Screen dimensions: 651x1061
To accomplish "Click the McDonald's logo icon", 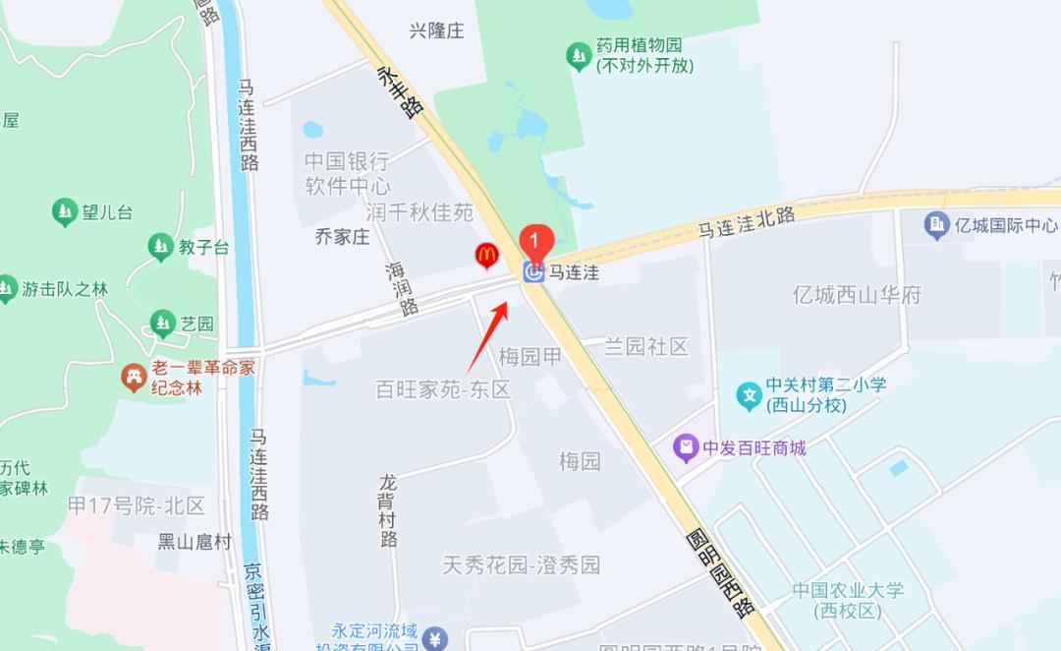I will point(485,256).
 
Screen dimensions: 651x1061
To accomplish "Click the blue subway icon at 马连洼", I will point(533,272).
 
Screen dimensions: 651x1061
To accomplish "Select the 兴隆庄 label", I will point(436,30).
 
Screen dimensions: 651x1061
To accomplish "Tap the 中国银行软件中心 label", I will point(347,173).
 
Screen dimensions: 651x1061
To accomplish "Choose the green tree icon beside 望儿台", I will point(65,211).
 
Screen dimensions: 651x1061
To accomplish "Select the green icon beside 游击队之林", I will point(8,289).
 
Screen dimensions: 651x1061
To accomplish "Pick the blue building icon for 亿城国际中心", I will point(936,225).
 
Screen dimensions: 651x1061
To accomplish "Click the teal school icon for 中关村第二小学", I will point(750,395).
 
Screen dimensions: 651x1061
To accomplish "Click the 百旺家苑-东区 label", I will point(444,389).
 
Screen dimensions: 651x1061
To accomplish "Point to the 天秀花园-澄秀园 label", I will point(521,565).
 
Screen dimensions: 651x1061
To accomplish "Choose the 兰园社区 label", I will point(645,346).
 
